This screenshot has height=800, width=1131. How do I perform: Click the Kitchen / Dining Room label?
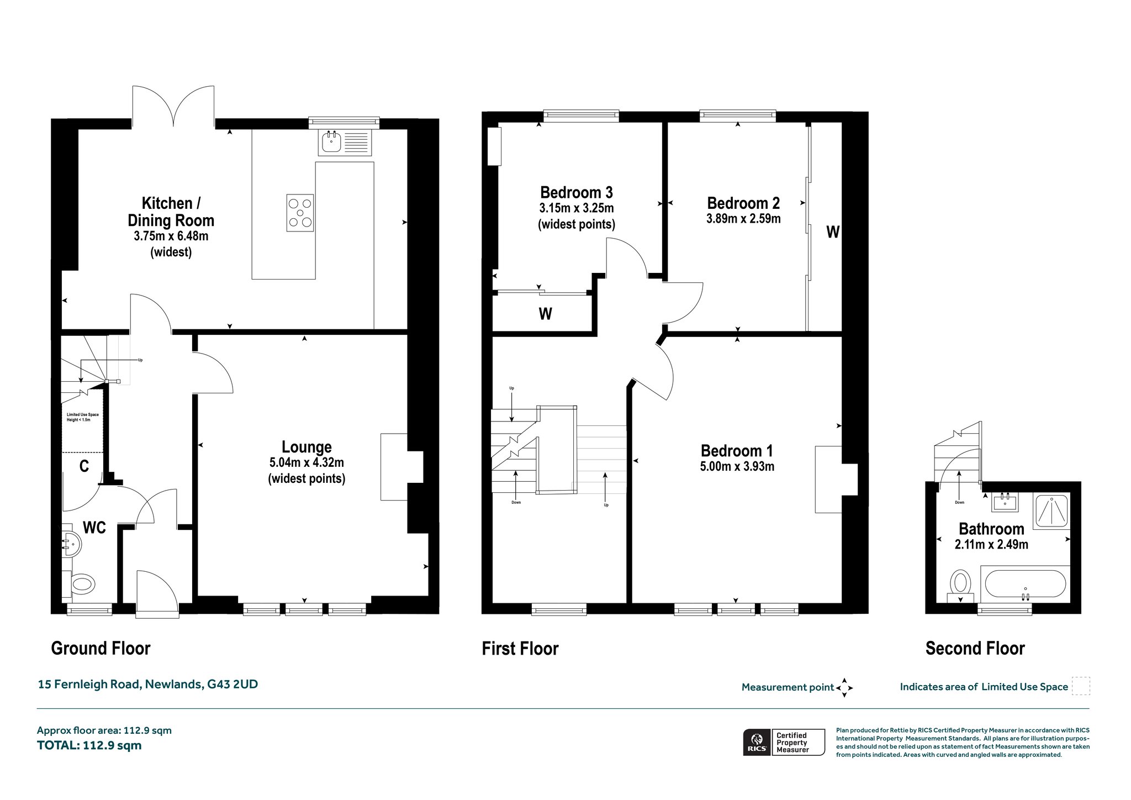pos(171,212)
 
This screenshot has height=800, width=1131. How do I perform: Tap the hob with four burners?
pos(300,213)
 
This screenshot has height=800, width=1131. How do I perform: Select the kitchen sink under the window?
pos(345,143)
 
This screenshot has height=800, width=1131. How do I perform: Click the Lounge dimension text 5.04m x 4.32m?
pos(306,462)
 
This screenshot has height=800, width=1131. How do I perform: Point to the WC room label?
pos(94,528)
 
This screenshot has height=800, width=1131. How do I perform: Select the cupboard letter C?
pos(84,467)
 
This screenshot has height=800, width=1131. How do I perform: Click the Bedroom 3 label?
pos(577,192)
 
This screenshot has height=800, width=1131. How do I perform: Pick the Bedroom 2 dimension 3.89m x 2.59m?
pos(743,219)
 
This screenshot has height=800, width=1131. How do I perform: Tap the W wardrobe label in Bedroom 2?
pos(833,232)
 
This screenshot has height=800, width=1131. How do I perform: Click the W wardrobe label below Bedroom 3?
pos(545,314)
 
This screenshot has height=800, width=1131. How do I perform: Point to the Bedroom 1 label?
pos(737,451)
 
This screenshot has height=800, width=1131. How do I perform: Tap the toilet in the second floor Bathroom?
pos(961,585)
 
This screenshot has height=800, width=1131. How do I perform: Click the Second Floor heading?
pos(975,648)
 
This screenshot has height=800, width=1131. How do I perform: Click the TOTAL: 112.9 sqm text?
pos(89,745)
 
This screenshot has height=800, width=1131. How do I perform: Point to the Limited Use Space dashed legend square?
pos(1081,686)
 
